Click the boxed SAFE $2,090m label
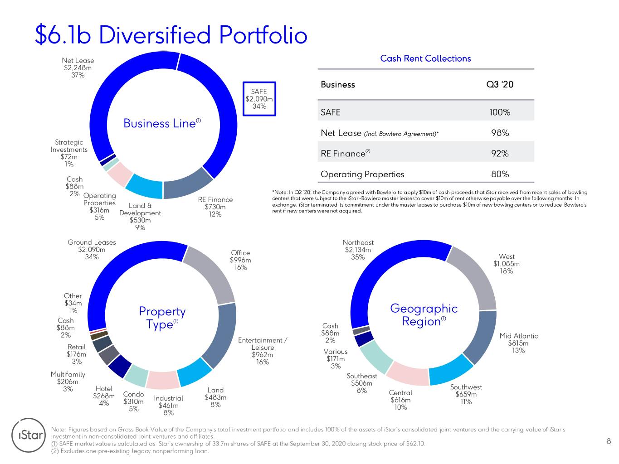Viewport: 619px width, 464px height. (x=259, y=99)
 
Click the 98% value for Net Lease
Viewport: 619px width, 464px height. (x=500, y=133)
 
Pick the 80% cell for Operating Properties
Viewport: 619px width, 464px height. (x=500, y=174)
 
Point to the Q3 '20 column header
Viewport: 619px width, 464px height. (x=500, y=84)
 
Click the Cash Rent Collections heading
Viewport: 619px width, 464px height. (x=425, y=58)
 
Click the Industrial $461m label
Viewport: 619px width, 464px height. (x=168, y=406)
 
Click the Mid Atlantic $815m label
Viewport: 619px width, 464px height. (x=518, y=343)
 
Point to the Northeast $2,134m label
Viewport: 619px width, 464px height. (x=358, y=250)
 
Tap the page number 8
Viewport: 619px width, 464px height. (x=609, y=441)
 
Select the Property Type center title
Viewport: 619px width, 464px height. (x=162, y=318)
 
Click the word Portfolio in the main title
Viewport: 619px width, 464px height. (x=263, y=35)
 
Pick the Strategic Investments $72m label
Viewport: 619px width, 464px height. (x=69, y=153)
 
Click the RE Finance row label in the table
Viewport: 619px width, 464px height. (x=345, y=153)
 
